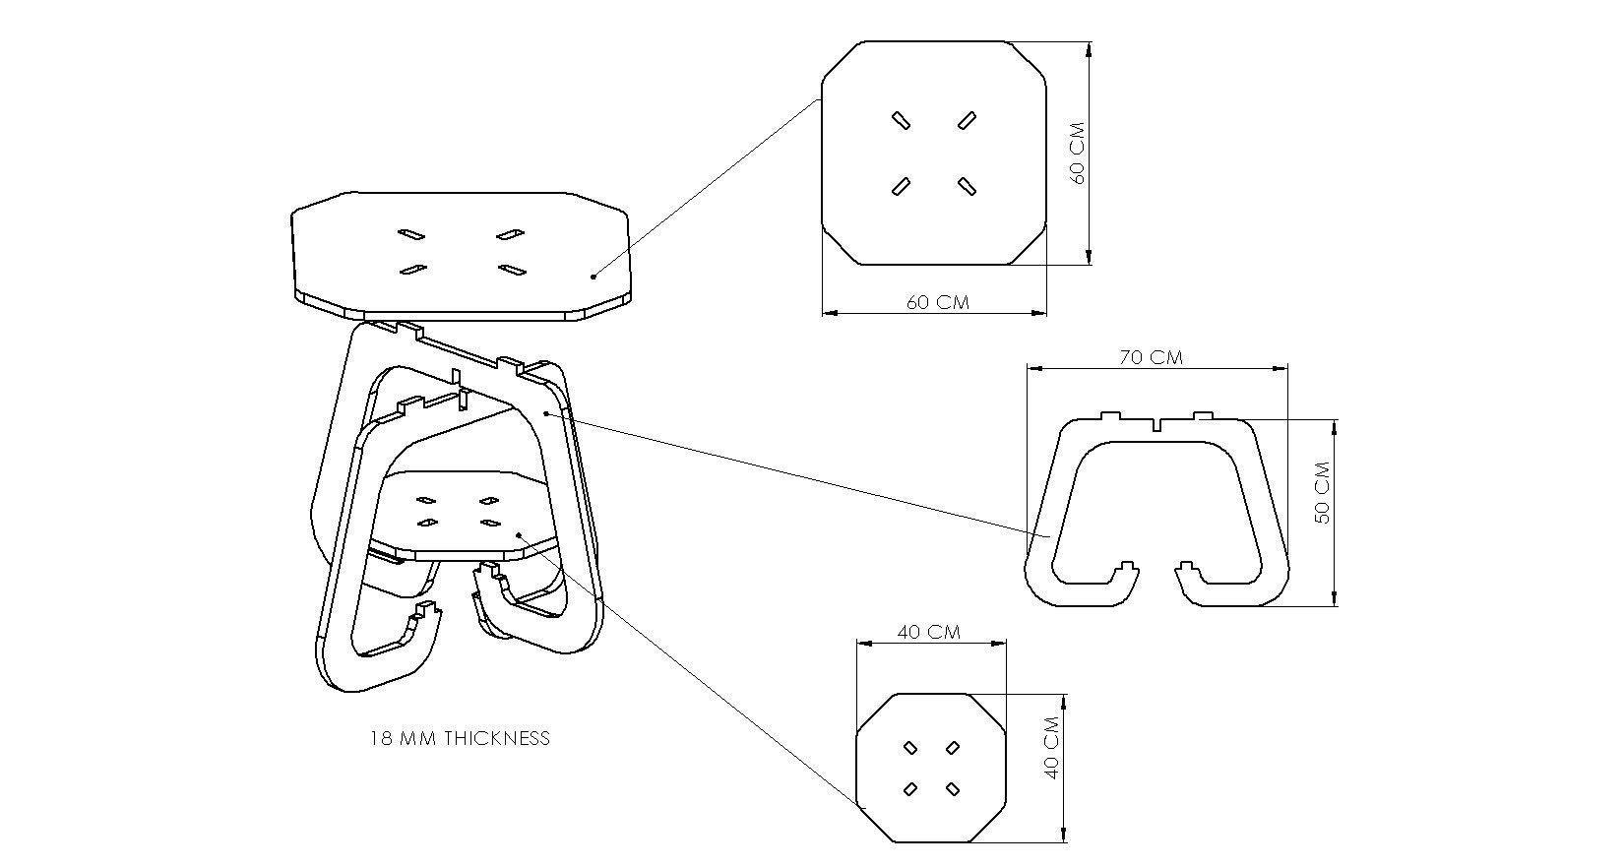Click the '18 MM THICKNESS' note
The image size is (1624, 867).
pos(460,738)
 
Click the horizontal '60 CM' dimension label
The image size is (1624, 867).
pos(937,302)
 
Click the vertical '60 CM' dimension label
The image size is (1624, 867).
pos(1077,153)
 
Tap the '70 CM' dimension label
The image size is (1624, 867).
pos(1151,357)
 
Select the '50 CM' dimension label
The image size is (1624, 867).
pos(1323,492)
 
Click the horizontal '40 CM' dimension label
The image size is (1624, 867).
pos(929,632)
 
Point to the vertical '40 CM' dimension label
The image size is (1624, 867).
pos(1051,748)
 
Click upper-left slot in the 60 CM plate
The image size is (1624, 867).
pos(900,120)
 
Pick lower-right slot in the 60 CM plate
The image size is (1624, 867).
pos(966,185)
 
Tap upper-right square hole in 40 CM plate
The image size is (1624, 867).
pos(953,749)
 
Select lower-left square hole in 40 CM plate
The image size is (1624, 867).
pos(910,788)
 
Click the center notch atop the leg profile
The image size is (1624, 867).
pos(1157,426)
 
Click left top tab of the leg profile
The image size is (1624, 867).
pos(1110,416)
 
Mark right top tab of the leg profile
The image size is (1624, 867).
pos(1203,416)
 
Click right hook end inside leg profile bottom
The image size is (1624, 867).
pos(1187,569)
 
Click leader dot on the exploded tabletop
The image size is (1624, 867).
pos(593,277)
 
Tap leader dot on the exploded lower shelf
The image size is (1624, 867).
pos(519,537)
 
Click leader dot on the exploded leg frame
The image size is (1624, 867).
pos(545,414)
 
